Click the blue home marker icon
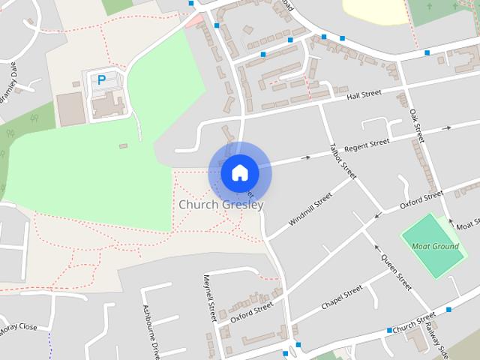pos(240,172)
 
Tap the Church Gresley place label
pos(221,204)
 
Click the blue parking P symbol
pos(101,79)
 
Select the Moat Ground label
pos(435,246)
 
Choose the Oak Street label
pos(418,125)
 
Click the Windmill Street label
pos(310,211)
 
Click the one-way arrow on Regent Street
pos(305,157)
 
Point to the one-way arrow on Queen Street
pos(377,248)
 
